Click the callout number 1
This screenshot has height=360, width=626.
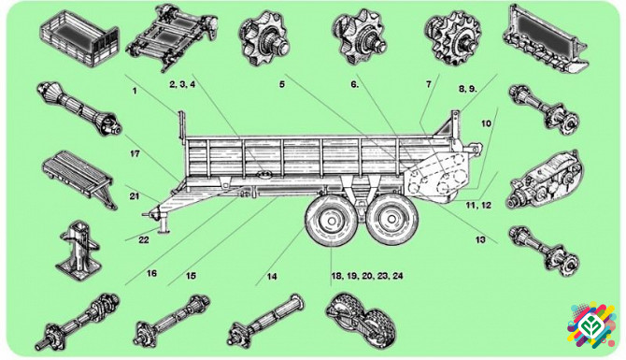click(x=135, y=91)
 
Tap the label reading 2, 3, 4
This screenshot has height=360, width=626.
click(x=182, y=84)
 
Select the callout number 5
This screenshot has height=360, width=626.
click(x=282, y=84)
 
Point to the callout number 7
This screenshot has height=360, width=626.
click(x=428, y=84)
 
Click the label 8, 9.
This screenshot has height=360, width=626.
click(x=467, y=89)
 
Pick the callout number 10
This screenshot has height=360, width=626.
click(x=486, y=123)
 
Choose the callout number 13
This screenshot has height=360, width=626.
click(x=480, y=239)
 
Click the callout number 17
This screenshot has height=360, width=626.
click(x=135, y=153)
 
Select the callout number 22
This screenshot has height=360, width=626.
click(x=143, y=239)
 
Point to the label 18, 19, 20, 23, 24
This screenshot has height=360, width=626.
click(x=367, y=276)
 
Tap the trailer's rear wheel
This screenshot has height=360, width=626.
click(x=392, y=220)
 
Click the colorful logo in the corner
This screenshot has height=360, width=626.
click(x=592, y=325)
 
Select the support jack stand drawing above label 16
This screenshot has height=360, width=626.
click(x=78, y=250)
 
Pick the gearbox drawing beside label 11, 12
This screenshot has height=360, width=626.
click(x=545, y=180)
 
